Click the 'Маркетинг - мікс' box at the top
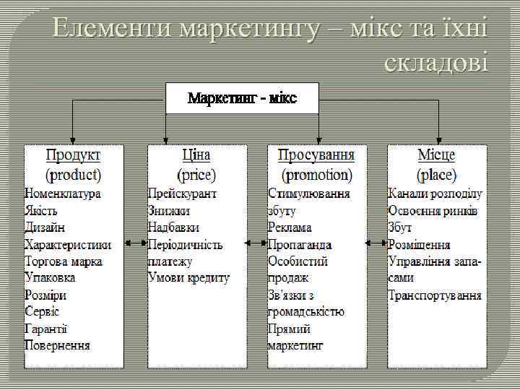tap(242, 97)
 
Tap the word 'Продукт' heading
tap(74, 155)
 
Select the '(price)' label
tap(196, 174)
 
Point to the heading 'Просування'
tap(316, 155)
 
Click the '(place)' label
tap(436, 174)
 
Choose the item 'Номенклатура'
tap(63, 194)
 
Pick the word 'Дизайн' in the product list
tap(45, 227)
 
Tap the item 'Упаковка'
tap(50, 277)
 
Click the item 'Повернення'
tap(58, 344)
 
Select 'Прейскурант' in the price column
tap(182, 194)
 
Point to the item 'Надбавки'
tap(173, 227)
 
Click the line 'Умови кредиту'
tap(188, 277)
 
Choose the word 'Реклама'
tap(290, 227)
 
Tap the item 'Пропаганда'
tap(300, 244)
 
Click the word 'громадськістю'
tap(306, 311)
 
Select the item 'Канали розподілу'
tap(435, 194)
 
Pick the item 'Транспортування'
tap(435, 295)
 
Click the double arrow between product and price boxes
tap(135, 243)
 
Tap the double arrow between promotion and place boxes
tap(376, 243)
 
